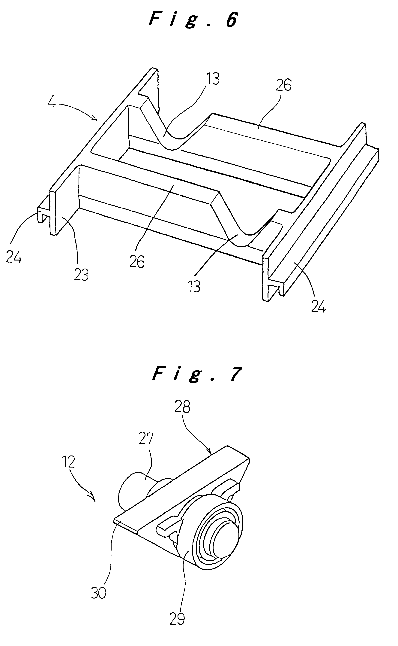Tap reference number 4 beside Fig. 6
[x=52, y=102]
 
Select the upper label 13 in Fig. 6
[x=213, y=78]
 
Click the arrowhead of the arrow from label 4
[x=95, y=119]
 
